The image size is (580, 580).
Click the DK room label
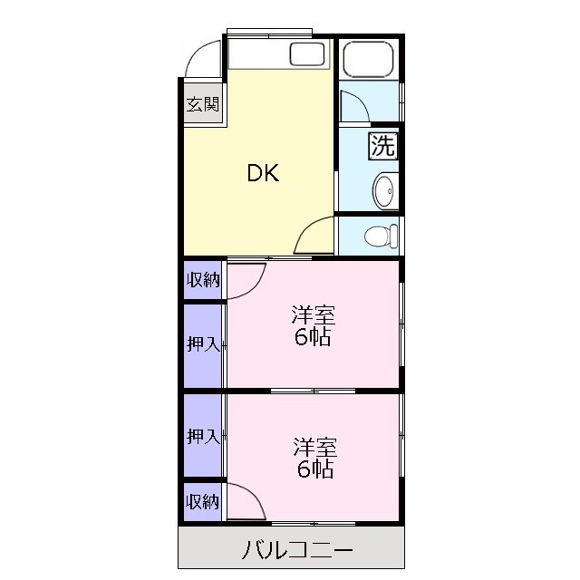click(x=263, y=173)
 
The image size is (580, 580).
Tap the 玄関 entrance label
click(x=203, y=104)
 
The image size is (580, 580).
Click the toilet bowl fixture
click(x=380, y=237)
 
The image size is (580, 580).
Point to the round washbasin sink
click(x=384, y=190)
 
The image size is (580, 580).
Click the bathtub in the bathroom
click(x=370, y=60)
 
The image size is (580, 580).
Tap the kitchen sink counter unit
click(x=277, y=55)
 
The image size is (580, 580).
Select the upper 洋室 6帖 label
click(x=313, y=327)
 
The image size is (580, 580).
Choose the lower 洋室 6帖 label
click(x=314, y=458)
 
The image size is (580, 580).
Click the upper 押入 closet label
click(x=203, y=344)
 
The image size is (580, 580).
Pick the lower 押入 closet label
click(x=203, y=437)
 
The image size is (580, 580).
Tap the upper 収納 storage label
click(x=203, y=279)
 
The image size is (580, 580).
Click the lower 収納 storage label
click(x=203, y=501)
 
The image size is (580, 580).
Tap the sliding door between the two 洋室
click(x=314, y=391)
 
